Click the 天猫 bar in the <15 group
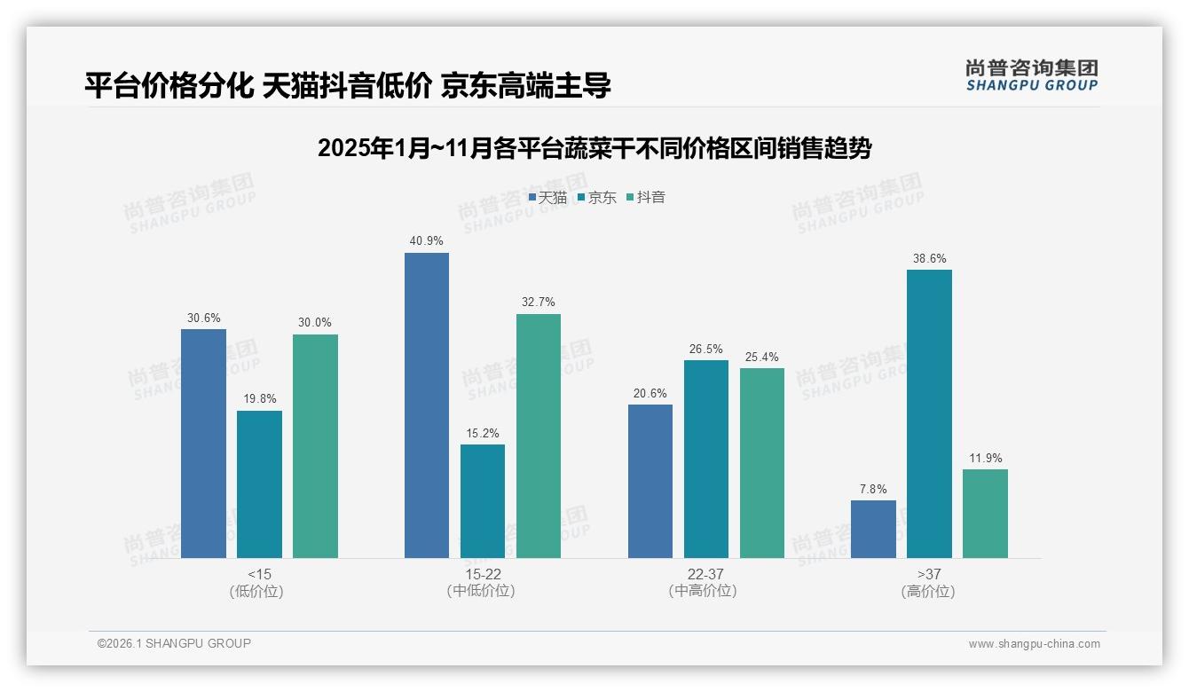pyautogui.click(x=203, y=444)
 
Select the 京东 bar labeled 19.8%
pyautogui.click(x=259, y=484)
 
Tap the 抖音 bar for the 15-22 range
pyautogui.click(x=539, y=436)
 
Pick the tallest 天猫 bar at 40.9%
pyautogui.click(x=427, y=405)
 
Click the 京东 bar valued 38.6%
pyautogui.click(x=929, y=413)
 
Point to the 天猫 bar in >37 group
pyautogui.click(x=873, y=529)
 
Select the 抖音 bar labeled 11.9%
pyautogui.click(x=985, y=514)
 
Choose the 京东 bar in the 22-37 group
pyautogui.click(x=705, y=459)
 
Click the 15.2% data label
pyautogui.click(x=483, y=434)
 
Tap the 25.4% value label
pyautogui.click(x=761, y=358)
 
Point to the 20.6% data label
pyautogui.click(x=650, y=394)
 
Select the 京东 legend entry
pyautogui.click(x=597, y=198)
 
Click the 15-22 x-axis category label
pyautogui.click(x=482, y=575)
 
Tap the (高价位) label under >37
pyautogui.click(x=928, y=592)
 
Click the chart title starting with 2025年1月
pyautogui.click(x=594, y=148)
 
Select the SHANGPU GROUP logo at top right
pyautogui.click(x=1031, y=75)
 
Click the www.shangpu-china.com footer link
pyautogui.click(x=1034, y=644)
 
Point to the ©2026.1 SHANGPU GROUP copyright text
pyautogui.click(x=174, y=643)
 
